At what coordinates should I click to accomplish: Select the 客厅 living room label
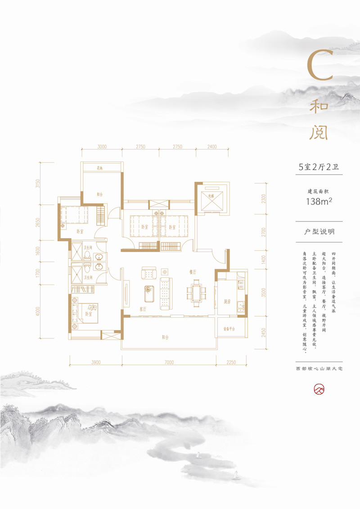(144, 310)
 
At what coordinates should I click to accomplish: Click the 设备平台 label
(229, 329)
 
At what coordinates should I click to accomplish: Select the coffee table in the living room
(148, 293)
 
